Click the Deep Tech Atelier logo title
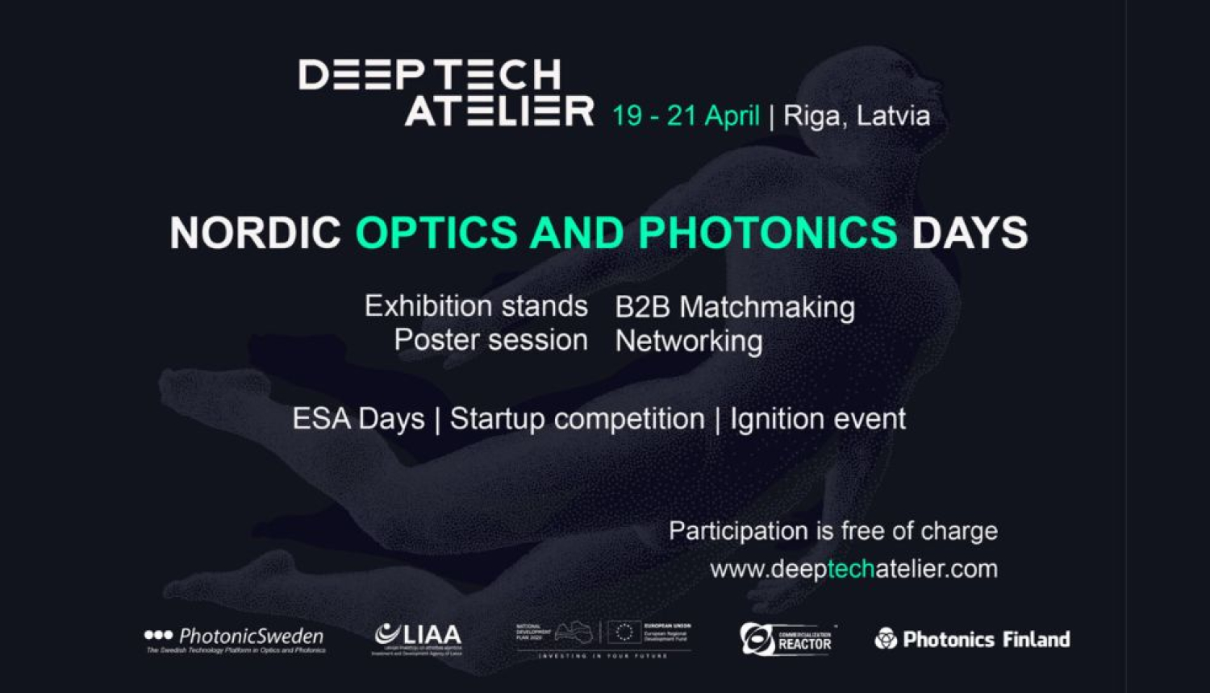coord(445,93)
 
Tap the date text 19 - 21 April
coord(686,116)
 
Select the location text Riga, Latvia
coord(857,116)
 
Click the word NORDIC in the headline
coord(255,234)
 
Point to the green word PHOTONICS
coord(767,234)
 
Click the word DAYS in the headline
coord(970,234)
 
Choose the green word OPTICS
coord(436,234)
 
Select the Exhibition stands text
coord(476,306)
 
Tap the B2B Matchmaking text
coord(735,307)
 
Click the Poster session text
coord(490,340)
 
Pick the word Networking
coord(689,341)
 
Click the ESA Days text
coord(358,419)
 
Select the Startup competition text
coord(577,419)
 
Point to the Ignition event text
coord(818,419)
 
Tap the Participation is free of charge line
coord(833,531)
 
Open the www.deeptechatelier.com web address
coord(853,569)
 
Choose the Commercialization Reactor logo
coord(786,640)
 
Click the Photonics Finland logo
coord(973,640)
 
